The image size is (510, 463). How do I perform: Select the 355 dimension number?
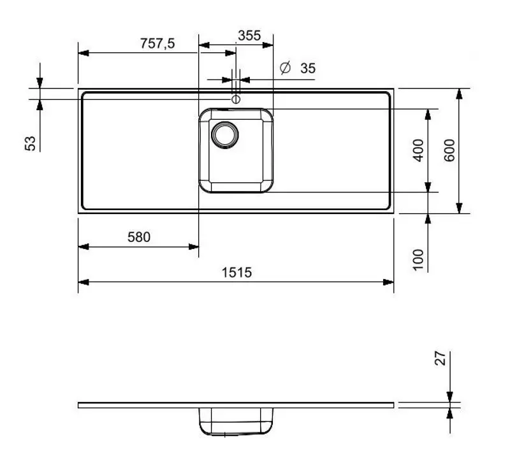coord(249,36)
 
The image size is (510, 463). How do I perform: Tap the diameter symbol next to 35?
coord(286,68)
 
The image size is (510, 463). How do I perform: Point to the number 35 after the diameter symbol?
coord(308,68)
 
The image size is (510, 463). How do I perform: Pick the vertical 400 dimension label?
coord(418,150)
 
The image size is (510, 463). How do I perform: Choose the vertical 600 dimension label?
coord(450,150)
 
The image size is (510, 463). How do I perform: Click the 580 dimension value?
coord(138,238)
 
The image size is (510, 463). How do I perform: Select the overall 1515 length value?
coord(237,273)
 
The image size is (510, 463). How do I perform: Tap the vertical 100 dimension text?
coord(418,259)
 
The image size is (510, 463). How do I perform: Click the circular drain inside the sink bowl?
coord(225,134)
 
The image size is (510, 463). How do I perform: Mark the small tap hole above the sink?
coord(236,99)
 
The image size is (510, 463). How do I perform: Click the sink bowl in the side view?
coord(236,422)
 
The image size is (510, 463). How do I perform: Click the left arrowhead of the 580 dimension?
coord(83,246)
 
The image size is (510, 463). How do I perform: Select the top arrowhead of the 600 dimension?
coord(458,94)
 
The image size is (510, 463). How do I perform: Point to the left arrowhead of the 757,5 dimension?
coord(83,53)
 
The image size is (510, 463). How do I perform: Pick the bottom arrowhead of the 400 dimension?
coord(428,187)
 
